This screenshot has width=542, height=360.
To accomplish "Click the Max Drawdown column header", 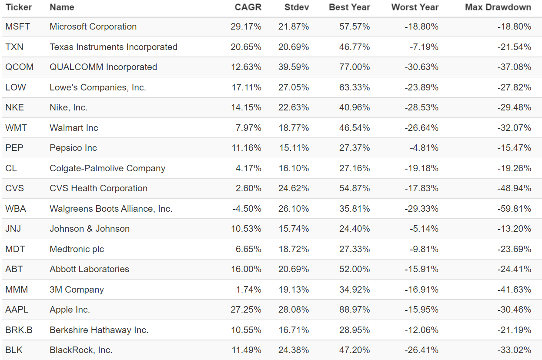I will pyautogui.click(x=498, y=7).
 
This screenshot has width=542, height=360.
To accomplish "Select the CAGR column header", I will pyautogui.click(x=248, y=7).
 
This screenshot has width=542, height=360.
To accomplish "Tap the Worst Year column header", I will pyautogui.click(x=415, y=7).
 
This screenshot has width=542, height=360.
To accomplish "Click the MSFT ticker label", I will pyautogui.click(x=18, y=27).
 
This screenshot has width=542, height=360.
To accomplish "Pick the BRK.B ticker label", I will pyautogui.click(x=19, y=330).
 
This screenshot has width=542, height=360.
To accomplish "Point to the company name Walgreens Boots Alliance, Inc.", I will pyautogui.click(x=111, y=209).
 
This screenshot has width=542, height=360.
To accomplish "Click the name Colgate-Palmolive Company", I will pyautogui.click(x=107, y=168).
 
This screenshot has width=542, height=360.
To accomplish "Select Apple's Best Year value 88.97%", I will pyautogui.click(x=354, y=310).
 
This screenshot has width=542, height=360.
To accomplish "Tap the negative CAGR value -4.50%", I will pyautogui.click(x=247, y=209).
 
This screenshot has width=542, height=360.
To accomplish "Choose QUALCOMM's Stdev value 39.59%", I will pyautogui.click(x=294, y=67).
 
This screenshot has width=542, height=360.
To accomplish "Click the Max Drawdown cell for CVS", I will pyautogui.click(x=514, y=188).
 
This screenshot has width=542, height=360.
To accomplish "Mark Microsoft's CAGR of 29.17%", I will pyautogui.click(x=246, y=27).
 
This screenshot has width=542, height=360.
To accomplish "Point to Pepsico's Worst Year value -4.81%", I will pyautogui.click(x=424, y=148).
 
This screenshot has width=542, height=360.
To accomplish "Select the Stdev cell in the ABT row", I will pyautogui.click(x=294, y=269).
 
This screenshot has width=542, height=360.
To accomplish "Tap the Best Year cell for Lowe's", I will pyautogui.click(x=354, y=87).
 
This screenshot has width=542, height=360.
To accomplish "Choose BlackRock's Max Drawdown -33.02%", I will pyautogui.click(x=514, y=350).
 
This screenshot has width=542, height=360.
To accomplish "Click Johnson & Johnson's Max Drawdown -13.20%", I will pyautogui.click(x=514, y=229).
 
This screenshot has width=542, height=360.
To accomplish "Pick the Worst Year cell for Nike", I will pyautogui.click(x=422, y=107).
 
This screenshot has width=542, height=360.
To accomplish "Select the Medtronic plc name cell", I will pyautogui.click(x=77, y=249).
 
